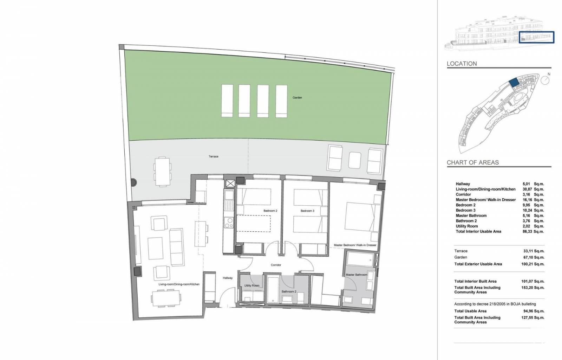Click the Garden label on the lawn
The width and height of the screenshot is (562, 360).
[297, 97]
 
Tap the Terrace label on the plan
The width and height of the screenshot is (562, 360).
[214, 156]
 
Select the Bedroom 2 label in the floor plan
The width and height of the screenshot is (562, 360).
[270, 211]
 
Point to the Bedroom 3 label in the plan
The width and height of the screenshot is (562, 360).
[307, 211]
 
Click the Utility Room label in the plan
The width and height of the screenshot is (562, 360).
[252, 285]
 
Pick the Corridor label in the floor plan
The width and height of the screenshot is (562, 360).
[276, 265]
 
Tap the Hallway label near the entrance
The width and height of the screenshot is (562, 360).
[228, 278]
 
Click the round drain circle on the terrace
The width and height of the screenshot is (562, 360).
[133, 182]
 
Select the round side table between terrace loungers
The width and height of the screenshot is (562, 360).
[355, 160]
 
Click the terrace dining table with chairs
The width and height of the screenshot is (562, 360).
[162, 172]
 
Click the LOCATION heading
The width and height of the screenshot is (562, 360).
[462, 64]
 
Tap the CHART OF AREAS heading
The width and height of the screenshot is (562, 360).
[473, 162]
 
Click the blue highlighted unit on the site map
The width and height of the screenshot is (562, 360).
[514, 83]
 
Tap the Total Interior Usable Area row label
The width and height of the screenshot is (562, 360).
[478, 231]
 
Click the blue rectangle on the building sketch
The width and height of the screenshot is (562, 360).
[536, 37]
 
